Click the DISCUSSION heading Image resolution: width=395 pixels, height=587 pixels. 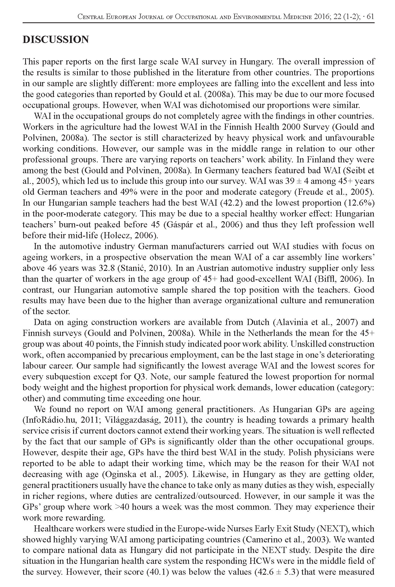pos(56,40)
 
